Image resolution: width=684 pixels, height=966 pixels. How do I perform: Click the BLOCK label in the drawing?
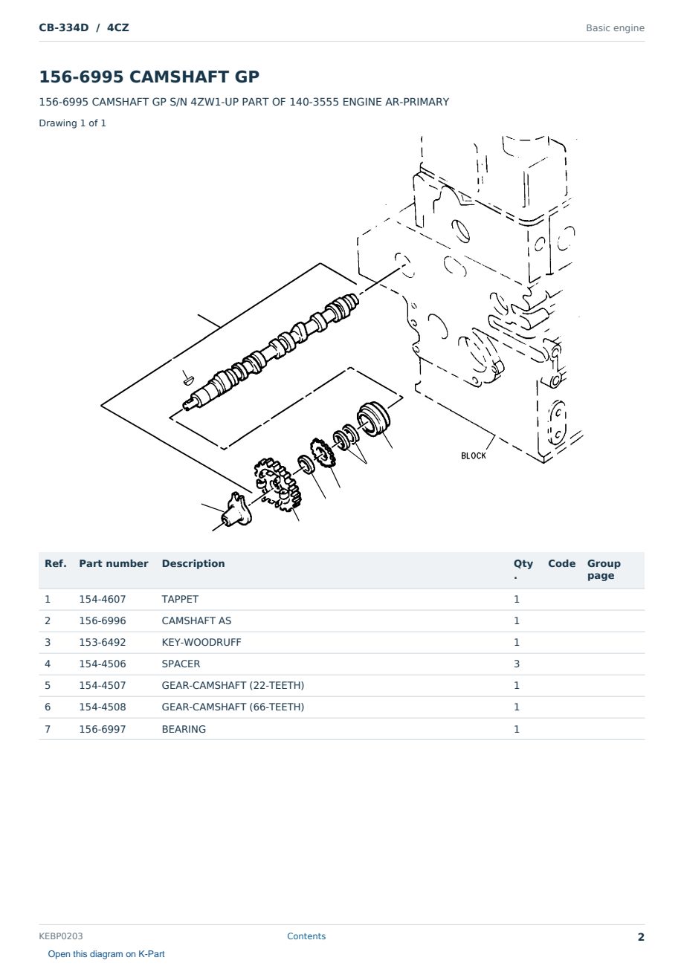point(473,456)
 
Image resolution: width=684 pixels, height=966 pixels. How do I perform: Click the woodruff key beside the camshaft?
point(188,380)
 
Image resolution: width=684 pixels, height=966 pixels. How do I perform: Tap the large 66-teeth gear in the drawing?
point(277,484)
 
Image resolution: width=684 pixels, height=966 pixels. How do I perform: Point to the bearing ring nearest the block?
point(373,419)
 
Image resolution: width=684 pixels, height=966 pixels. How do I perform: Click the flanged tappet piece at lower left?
point(236,510)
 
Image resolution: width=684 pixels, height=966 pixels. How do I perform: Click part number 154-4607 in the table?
point(103,599)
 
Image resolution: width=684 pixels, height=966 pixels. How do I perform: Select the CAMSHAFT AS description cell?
point(196,620)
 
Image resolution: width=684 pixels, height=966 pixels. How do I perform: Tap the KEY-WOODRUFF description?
point(201,642)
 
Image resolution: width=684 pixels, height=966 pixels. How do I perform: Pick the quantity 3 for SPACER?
point(517,664)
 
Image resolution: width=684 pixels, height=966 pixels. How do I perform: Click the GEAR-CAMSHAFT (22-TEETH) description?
point(233,685)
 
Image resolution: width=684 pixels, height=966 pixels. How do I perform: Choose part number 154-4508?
point(103,707)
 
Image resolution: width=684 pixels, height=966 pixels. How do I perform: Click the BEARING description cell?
point(184,729)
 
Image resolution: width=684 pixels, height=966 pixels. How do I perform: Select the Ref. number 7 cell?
point(48,729)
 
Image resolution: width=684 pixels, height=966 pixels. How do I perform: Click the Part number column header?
point(114,563)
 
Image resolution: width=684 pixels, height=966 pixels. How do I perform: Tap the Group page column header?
point(604,569)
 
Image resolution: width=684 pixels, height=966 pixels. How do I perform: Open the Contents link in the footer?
point(306,936)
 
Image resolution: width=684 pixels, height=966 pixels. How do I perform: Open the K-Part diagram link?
point(106,954)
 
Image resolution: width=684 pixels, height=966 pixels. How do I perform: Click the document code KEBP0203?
point(61,936)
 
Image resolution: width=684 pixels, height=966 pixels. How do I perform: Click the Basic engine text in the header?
point(615,28)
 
